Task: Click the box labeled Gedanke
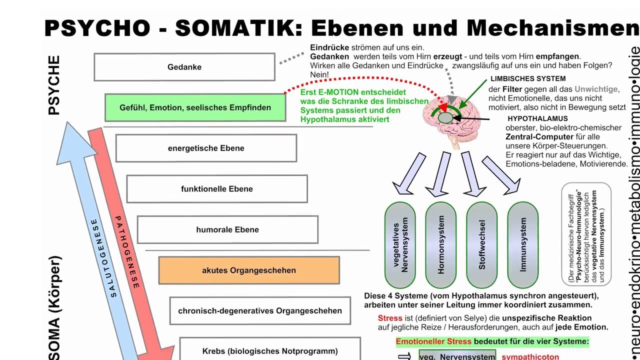pos(184,67)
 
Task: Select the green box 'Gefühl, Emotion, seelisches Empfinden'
pos(195,107)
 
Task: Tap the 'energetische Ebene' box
pos(206,148)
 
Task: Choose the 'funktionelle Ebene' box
pos(217,189)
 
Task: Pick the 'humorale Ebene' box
pos(227,230)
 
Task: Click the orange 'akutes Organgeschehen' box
pos(249,270)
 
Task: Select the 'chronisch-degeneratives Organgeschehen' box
pos(260,311)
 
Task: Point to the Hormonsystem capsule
pos(440,244)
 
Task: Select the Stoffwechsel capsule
pos(482,244)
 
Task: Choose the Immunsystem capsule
pos(523,244)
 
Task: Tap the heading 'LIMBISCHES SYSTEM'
pos(528,79)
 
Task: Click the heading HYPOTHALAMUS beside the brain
pos(537,119)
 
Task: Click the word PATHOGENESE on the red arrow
pos(127,252)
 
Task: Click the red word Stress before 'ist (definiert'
pos(390,318)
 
